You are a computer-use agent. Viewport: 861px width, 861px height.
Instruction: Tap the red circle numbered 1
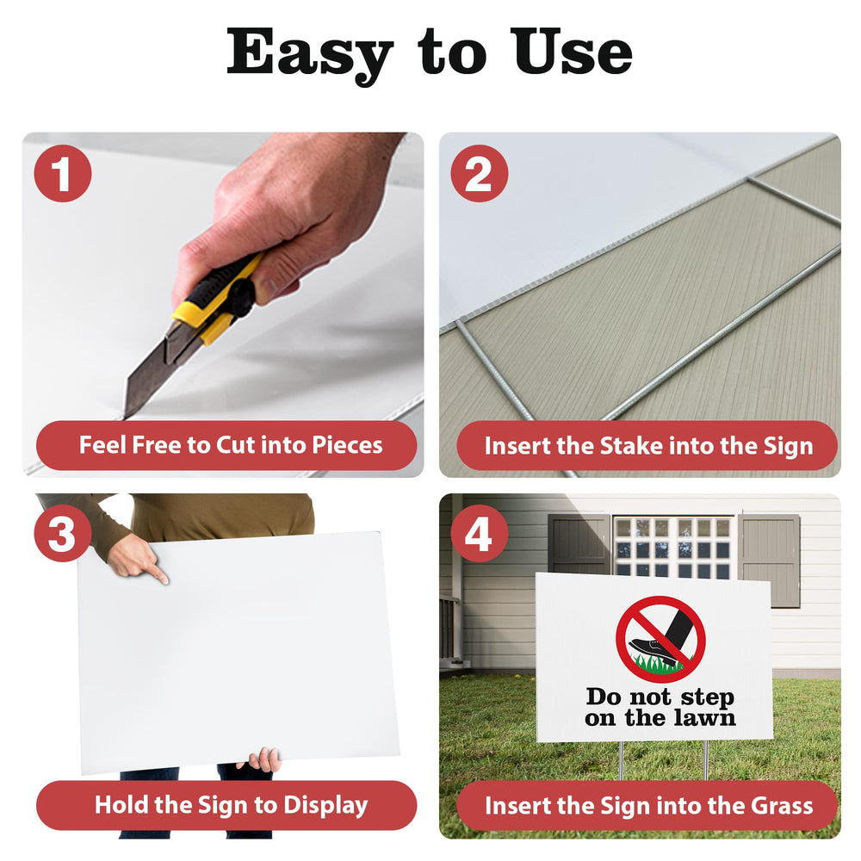(63, 174)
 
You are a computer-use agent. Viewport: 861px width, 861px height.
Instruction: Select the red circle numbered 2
(480, 174)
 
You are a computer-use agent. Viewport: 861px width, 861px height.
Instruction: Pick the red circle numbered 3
(63, 533)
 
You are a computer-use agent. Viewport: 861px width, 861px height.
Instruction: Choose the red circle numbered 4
(480, 533)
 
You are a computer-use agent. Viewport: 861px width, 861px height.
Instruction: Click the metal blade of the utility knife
(149, 374)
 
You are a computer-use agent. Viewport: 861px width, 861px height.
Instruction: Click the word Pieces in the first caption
(347, 445)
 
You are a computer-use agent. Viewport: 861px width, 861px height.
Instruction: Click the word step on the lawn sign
(707, 697)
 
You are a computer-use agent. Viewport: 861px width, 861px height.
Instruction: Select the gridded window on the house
(673, 547)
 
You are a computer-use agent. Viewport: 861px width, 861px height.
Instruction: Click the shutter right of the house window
(769, 561)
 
